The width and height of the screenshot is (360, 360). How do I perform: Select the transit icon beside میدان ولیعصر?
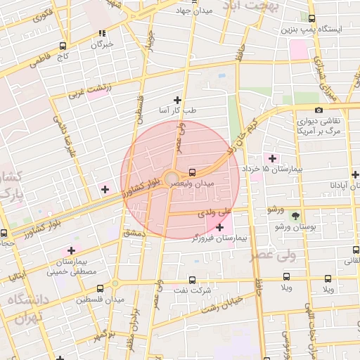click(x=193, y=172)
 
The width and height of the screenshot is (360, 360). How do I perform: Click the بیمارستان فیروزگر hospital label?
click(x=219, y=239)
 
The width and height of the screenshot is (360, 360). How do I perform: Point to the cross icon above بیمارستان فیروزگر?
click(x=221, y=227)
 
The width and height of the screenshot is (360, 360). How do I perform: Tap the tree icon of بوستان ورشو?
click(x=295, y=215)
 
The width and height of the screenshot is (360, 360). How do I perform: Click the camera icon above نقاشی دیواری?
click(x=319, y=110)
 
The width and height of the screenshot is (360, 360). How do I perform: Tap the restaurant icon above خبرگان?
click(x=103, y=32)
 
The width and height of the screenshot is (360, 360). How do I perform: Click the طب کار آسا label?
click(x=177, y=111)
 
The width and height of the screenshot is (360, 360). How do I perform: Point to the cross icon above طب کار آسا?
click(x=177, y=100)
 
